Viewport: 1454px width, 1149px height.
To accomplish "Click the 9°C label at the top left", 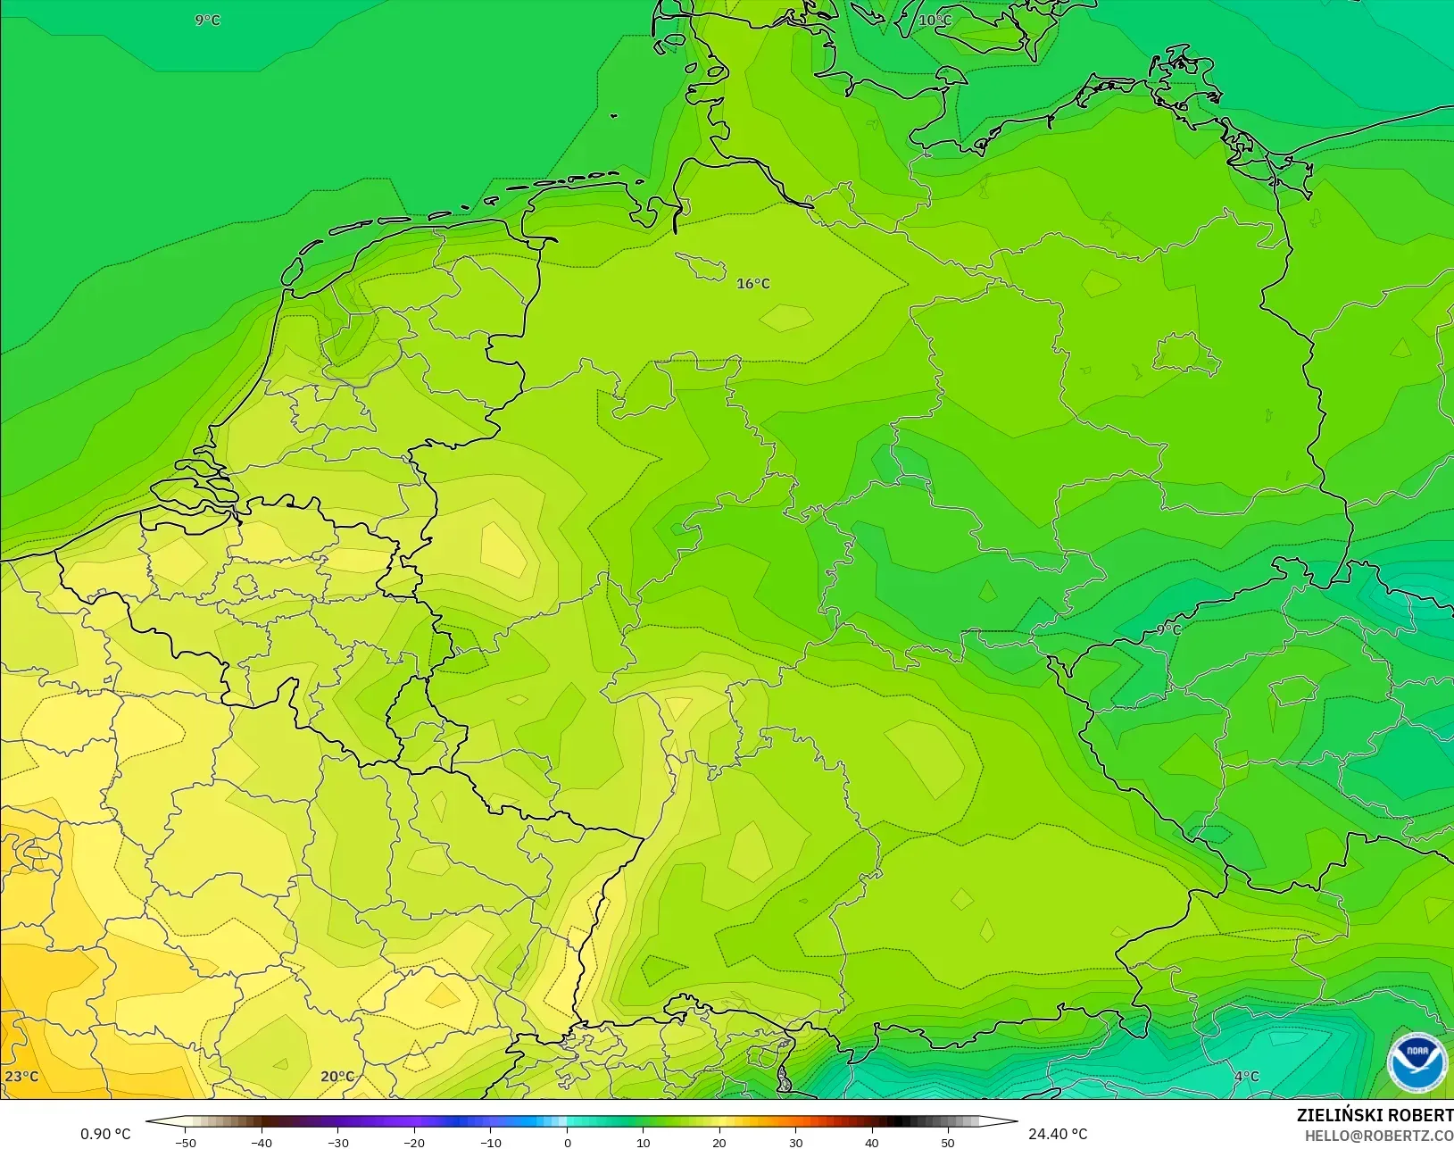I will [207, 20].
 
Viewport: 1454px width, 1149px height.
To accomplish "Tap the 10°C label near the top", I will [935, 20].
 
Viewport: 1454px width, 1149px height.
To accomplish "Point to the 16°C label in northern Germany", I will [752, 284].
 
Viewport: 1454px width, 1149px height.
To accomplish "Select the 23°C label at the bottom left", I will [21, 1076].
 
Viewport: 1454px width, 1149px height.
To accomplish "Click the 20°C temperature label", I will [336, 1076].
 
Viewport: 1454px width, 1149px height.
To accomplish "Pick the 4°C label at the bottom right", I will [1246, 1076].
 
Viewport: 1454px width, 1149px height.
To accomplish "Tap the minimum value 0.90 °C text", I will [105, 1134].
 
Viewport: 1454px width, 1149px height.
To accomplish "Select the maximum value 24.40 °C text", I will [1058, 1134].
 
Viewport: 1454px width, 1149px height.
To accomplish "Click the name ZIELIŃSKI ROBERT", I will [1375, 1115].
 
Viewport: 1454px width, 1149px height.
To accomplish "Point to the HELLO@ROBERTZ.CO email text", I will [1379, 1136].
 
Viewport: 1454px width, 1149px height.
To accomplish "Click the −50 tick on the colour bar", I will [185, 1142].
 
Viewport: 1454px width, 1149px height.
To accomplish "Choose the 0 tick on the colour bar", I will [567, 1142].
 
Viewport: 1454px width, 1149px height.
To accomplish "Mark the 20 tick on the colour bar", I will [719, 1142].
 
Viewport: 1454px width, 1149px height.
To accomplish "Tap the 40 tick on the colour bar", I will [872, 1142].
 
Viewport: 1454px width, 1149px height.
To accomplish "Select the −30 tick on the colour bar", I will [337, 1142].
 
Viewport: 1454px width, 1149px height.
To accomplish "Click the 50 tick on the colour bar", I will [948, 1142].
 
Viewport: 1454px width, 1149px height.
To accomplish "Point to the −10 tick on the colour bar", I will [490, 1142].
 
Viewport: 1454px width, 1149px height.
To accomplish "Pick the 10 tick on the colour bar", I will [644, 1142].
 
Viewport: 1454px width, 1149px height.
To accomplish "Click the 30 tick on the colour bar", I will [795, 1142].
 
